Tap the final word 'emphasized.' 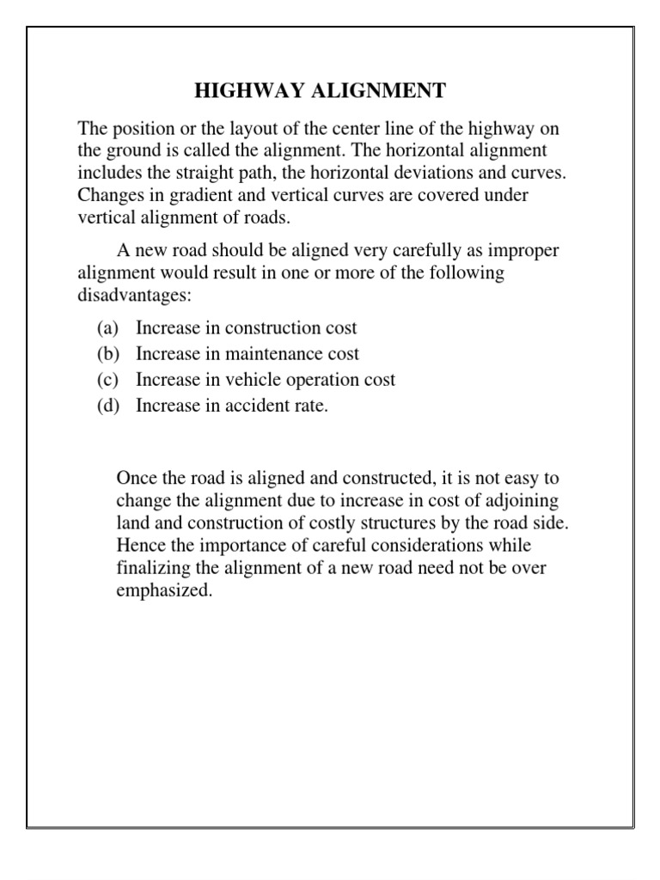[163, 590]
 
